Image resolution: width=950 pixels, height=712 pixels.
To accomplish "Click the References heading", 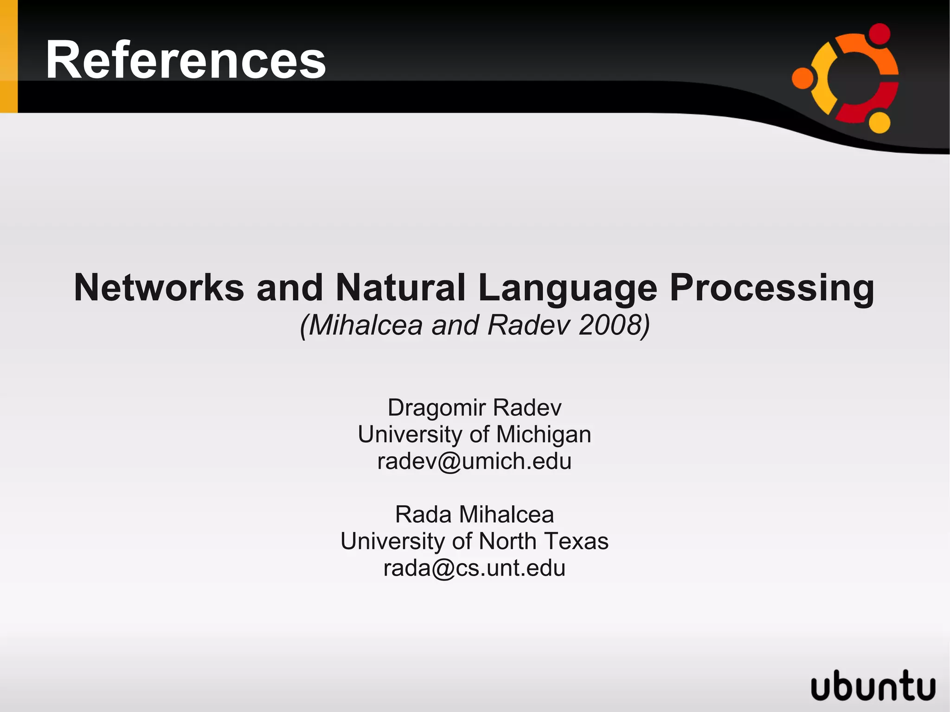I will (186, 60).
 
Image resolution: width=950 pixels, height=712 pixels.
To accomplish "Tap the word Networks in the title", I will (159, 288).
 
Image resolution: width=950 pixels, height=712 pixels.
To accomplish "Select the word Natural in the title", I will (400, 288).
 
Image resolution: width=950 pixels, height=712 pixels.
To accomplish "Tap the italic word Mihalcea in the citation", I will (366, 325).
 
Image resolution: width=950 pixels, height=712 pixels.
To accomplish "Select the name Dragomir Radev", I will (475, 408).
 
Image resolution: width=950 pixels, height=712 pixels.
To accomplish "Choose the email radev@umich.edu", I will (475, 462).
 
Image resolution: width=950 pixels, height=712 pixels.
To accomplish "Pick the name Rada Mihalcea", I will (475, 514).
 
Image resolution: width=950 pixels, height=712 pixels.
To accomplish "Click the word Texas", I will (576, 541).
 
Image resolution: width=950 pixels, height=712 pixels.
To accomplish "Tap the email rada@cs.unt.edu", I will (475, 568).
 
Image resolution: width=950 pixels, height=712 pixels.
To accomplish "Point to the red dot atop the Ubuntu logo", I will (879, 34).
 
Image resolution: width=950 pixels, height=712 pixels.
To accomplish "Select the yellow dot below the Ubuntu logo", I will (879, 122).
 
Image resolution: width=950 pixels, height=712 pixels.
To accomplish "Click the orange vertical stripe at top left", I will (8, 56).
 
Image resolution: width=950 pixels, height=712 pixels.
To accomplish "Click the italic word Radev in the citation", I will (528, 325).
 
